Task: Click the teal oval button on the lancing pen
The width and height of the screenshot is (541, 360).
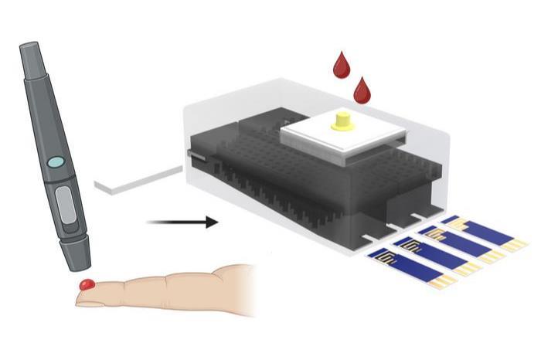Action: pos(56,163)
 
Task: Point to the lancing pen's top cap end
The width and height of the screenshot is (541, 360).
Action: pos(28,52)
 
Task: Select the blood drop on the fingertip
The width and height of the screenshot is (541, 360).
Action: pos(87,285)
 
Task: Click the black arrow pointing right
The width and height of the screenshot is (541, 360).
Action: pos(182,222)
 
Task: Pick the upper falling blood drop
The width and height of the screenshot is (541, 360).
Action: pos(341,65)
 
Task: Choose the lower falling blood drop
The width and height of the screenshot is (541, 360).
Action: pos(362,90)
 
